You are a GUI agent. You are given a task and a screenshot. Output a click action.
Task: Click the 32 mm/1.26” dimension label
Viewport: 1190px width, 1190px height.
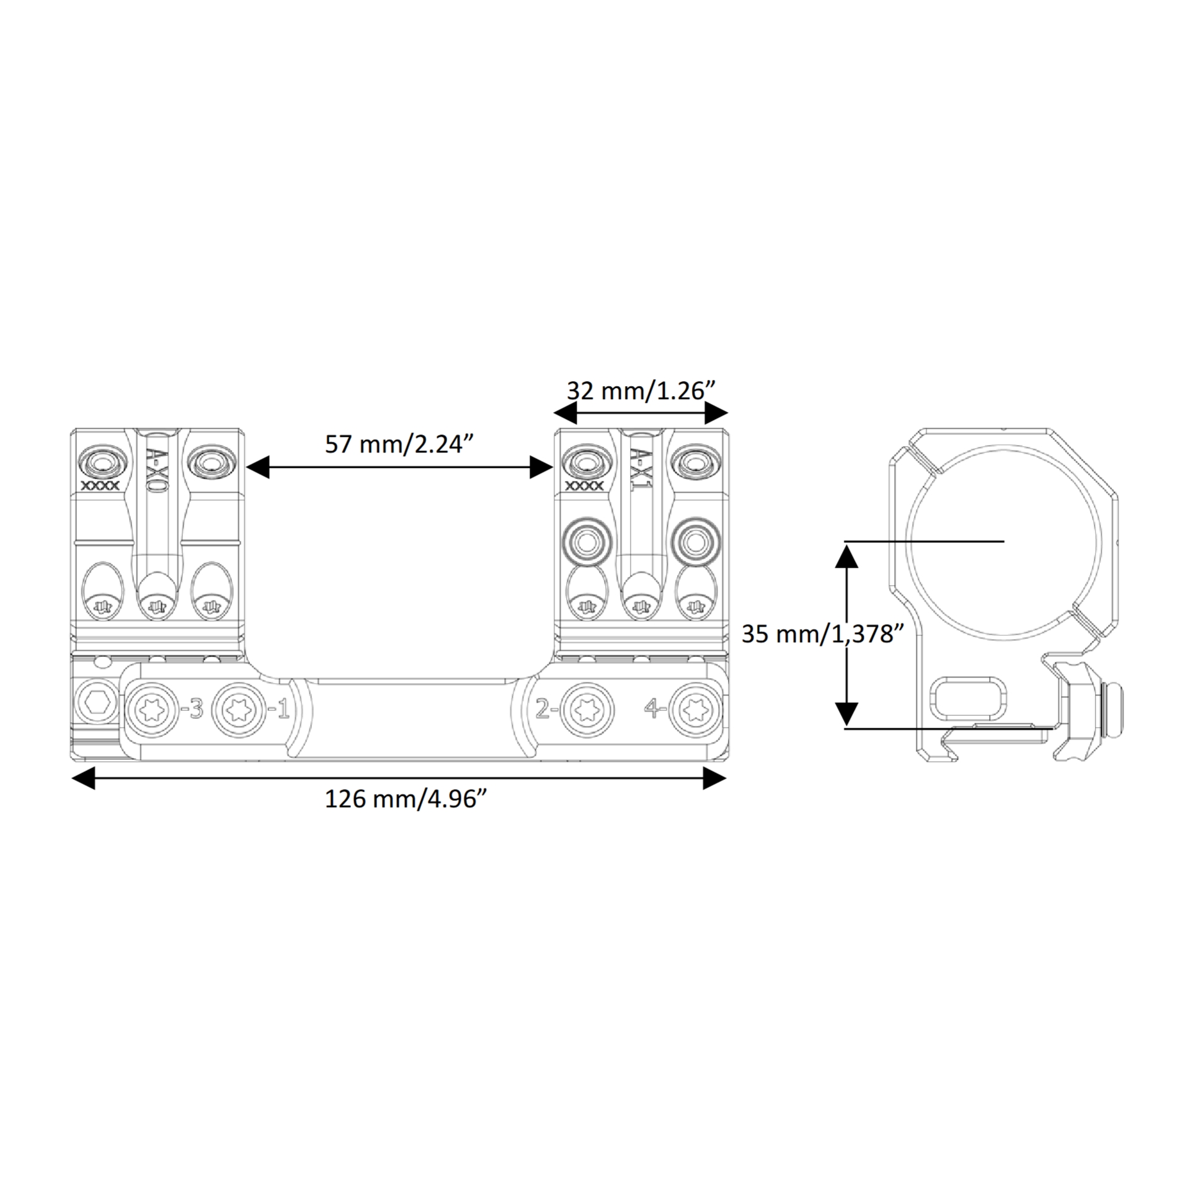point(641,391)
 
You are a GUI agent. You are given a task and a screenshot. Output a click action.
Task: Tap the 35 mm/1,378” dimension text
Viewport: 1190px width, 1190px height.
point(822,634)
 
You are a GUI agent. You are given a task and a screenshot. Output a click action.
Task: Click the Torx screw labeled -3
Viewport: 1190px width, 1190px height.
point(153,709)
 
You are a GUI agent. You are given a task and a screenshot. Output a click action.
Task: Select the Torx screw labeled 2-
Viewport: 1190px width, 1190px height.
point(587,709)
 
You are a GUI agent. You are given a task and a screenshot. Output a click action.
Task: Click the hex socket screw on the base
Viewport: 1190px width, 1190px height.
point(98,703)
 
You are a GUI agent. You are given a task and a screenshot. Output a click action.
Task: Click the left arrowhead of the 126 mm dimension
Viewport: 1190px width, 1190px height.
point(84,778)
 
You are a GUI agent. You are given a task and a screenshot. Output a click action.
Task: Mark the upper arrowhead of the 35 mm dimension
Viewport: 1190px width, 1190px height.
point(846,557)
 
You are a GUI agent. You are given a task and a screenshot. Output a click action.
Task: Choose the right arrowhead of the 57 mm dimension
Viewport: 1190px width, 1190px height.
point(541,467)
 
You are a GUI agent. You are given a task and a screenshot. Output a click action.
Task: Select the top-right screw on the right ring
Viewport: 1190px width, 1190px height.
point(695,462)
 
